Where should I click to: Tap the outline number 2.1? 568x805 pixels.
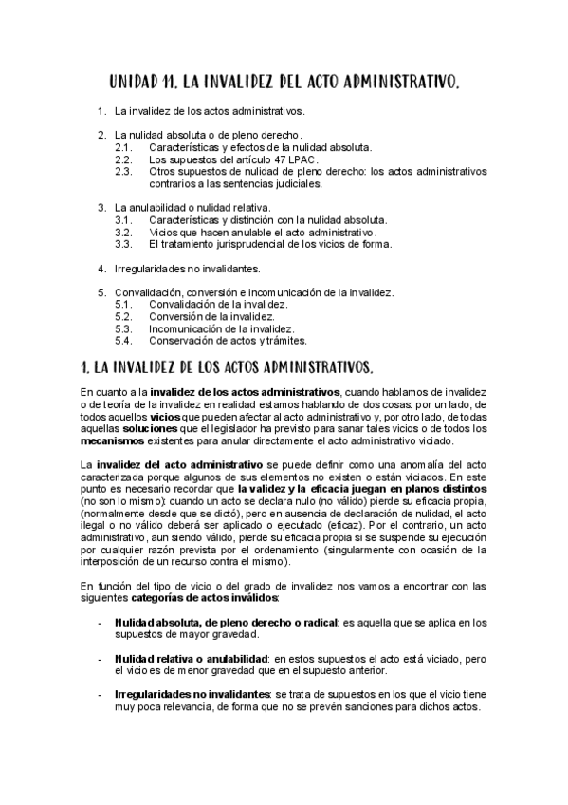pos(123,147)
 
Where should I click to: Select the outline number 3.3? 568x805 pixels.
pos(123,244)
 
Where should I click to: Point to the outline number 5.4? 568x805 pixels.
pos(123,340)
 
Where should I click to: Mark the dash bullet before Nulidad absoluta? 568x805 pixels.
pos(101,623)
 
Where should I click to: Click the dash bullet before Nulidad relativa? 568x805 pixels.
pos(101,658)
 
